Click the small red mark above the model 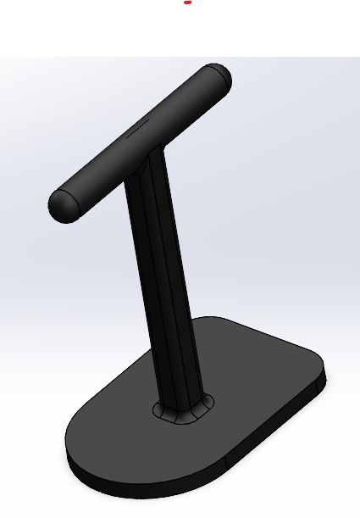point(187,3)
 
